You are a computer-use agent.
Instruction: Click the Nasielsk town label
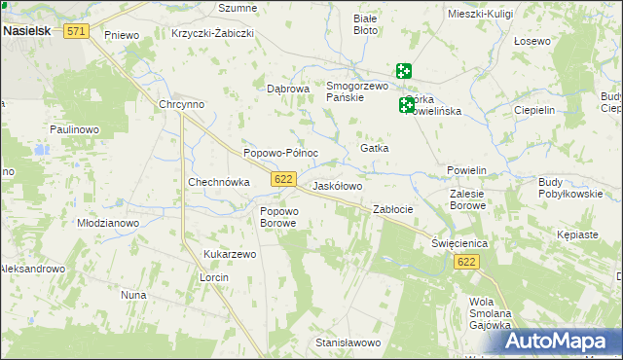[30, 31]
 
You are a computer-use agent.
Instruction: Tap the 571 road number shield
[77, 31]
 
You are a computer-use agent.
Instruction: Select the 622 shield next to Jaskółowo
[283, 179]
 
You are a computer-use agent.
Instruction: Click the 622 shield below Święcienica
[467, 263]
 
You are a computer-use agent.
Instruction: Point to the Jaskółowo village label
[337, 186]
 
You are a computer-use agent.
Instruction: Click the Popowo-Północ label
[280, 153]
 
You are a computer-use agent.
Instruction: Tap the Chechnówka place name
[219, 182]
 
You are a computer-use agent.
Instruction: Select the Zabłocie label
[393, 209]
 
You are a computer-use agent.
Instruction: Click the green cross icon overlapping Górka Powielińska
[407, 105]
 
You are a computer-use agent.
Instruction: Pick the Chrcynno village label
[181, 105]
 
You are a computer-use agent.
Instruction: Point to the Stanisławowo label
[348, 342]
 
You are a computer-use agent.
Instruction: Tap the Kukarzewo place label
[230, 254]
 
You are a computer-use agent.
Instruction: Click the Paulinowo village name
[75, 129]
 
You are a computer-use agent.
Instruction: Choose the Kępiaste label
[578, 234]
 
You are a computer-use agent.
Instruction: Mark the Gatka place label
[375, 148]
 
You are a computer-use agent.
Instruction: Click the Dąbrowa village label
[288, 88]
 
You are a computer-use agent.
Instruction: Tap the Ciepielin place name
[533, 110]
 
